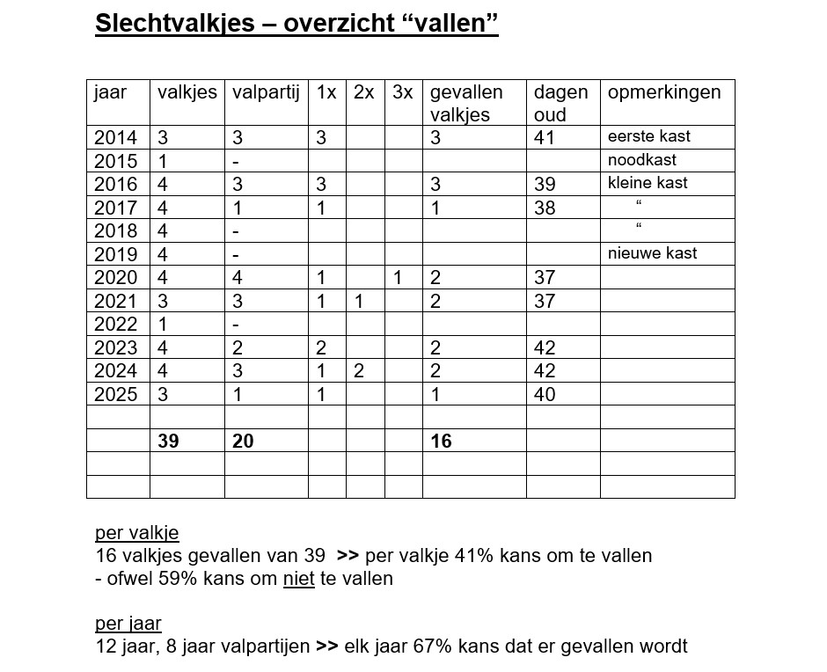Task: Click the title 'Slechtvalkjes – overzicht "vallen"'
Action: tap(296, 24)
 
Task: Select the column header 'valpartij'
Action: tap(267, 92)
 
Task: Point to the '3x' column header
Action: tap(402, 92)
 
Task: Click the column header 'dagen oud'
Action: tap(560, 103)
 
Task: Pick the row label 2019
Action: tap(115, 254)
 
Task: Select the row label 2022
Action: tap(115, 325)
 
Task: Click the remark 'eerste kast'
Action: tap(648, 136)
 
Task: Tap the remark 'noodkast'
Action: tap(641, 160)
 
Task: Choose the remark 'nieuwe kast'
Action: tap(652, 253)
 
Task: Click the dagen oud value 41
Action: tap(545, 137)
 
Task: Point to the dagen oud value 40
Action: tap(545, 395)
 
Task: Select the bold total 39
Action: tap(168, 442)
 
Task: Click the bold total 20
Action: tap(243, 442)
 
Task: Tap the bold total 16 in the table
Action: tap(441, 442)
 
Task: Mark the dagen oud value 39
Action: tap(545, 184)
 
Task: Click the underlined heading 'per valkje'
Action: tap(136, 533)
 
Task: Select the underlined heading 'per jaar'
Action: tap(128, 624)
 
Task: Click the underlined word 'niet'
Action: tap(298, 579)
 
